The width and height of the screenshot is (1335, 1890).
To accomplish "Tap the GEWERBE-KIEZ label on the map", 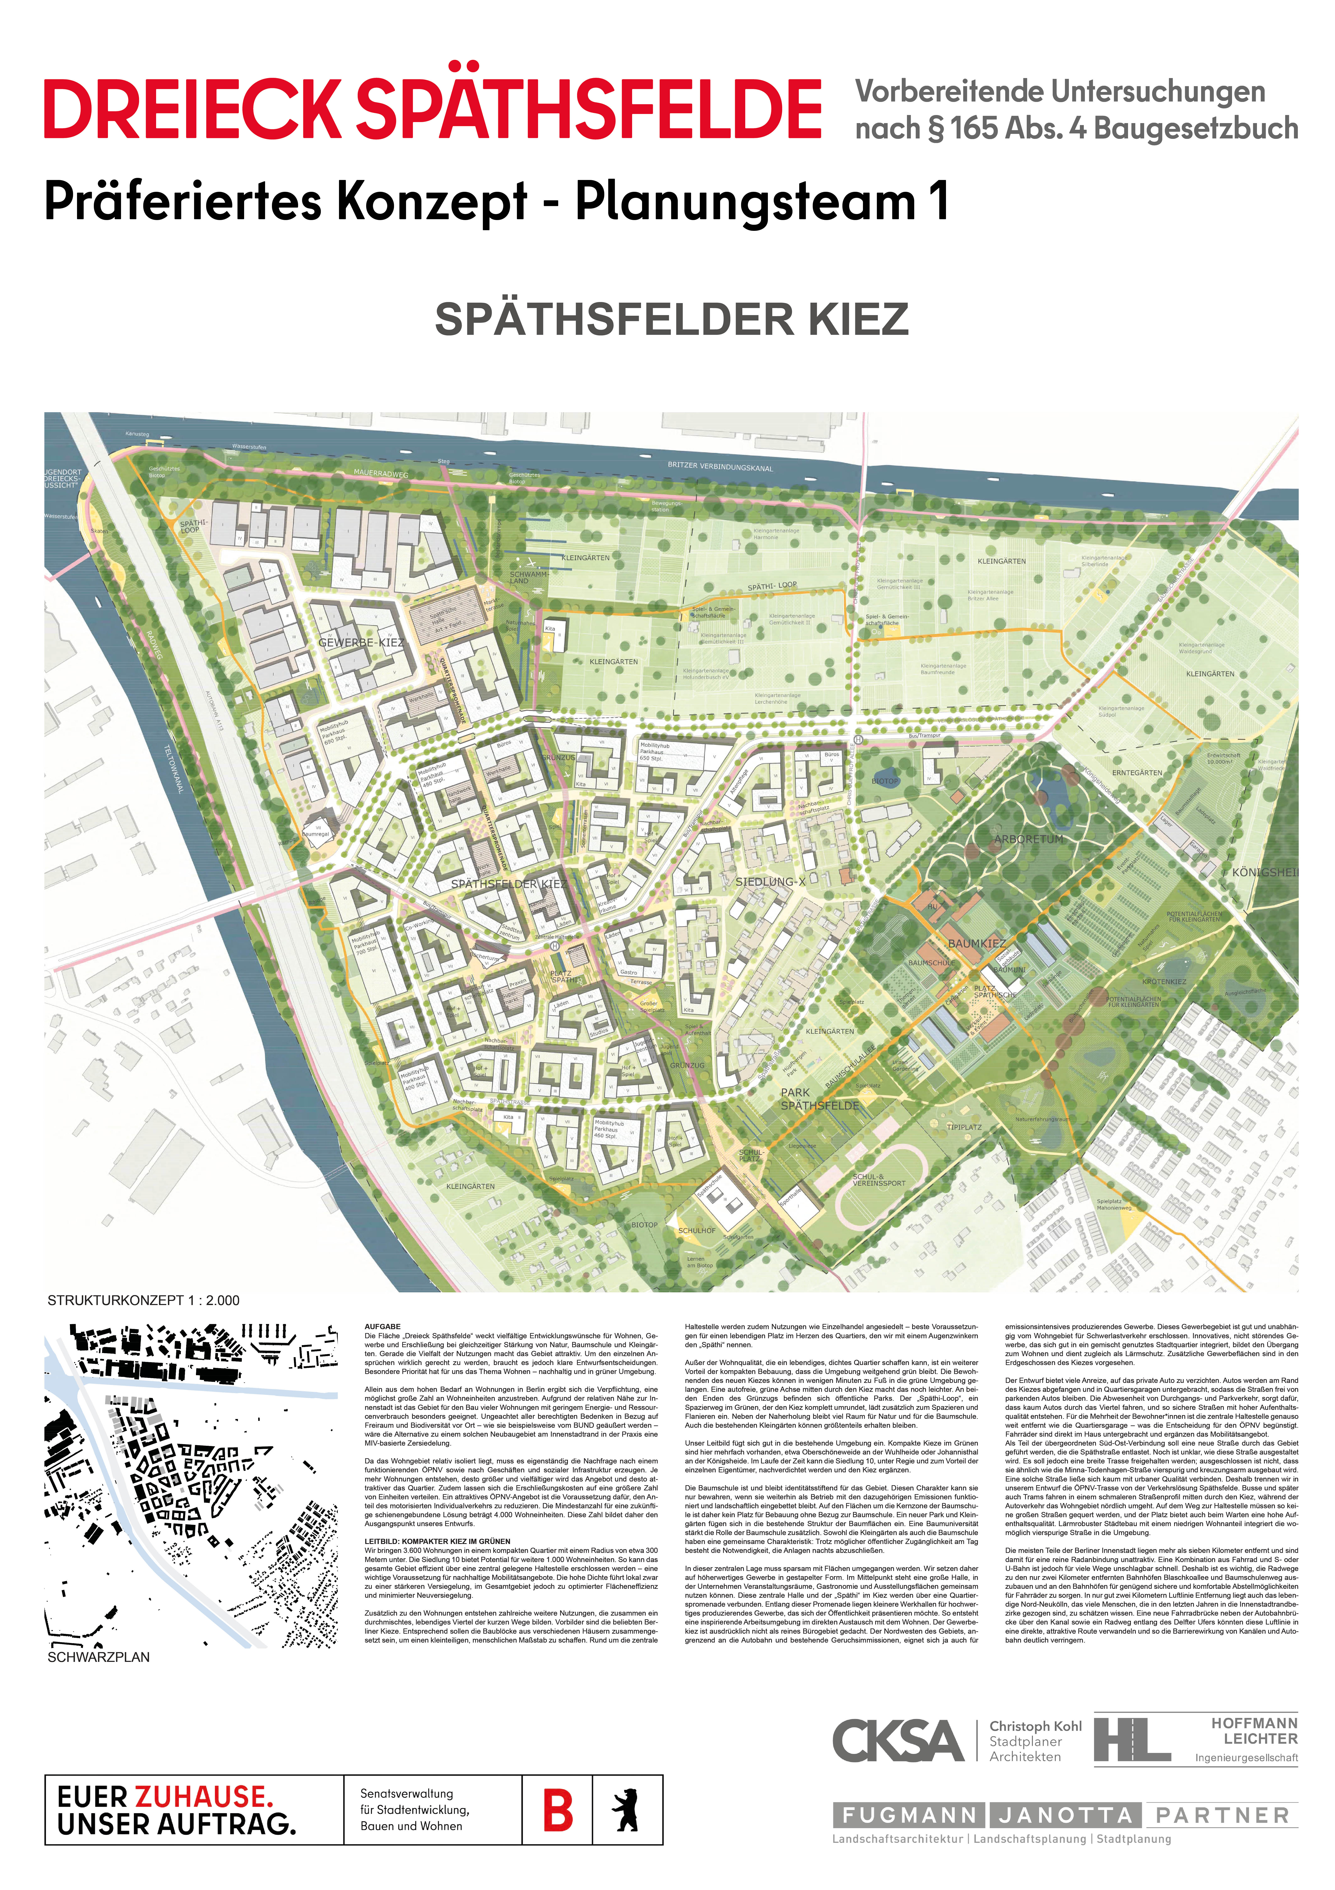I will click(361, 642).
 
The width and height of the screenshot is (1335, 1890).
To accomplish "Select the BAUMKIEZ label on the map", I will click(976, 943).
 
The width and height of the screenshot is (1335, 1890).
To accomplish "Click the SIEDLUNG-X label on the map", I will click(770, 882).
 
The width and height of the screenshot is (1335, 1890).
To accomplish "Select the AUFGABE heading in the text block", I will click(383, 1327).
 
